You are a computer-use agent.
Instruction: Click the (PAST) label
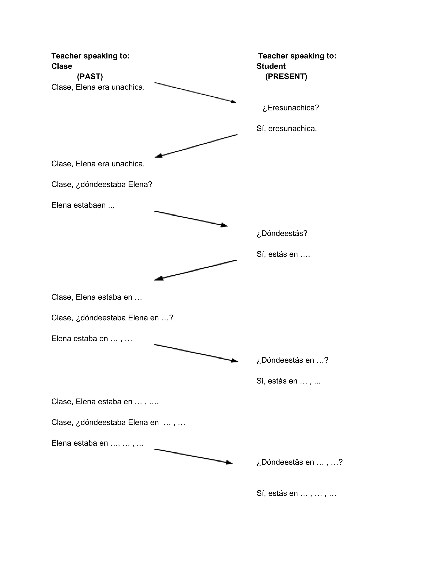click(90, 76)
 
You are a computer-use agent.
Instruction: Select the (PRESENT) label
click(286, 76)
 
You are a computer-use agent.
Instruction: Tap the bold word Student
click(271, 66)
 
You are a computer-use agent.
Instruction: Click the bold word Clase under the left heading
click(62, 66)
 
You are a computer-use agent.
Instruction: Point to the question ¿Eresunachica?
click(291, 108)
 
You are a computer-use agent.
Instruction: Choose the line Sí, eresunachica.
click(287, 128)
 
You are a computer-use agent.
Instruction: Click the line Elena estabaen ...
click(83, 205)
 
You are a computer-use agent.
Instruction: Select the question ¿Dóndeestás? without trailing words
click(282, 233)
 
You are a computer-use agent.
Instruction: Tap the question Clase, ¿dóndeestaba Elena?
click(102, 184)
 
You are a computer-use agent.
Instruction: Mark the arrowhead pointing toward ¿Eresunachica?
click(233, 102)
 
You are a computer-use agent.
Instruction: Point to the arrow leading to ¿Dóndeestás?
click(191, 219)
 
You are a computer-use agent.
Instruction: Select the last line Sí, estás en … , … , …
click(296, 493)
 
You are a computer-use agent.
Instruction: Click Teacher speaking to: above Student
click(297, 56)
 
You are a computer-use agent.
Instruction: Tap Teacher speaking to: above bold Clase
click(90, 56)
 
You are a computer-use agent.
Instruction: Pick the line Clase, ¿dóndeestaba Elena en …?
click(112, 318)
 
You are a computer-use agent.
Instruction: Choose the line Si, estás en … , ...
click(288, 381)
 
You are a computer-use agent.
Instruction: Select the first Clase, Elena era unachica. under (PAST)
click(98, 87)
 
